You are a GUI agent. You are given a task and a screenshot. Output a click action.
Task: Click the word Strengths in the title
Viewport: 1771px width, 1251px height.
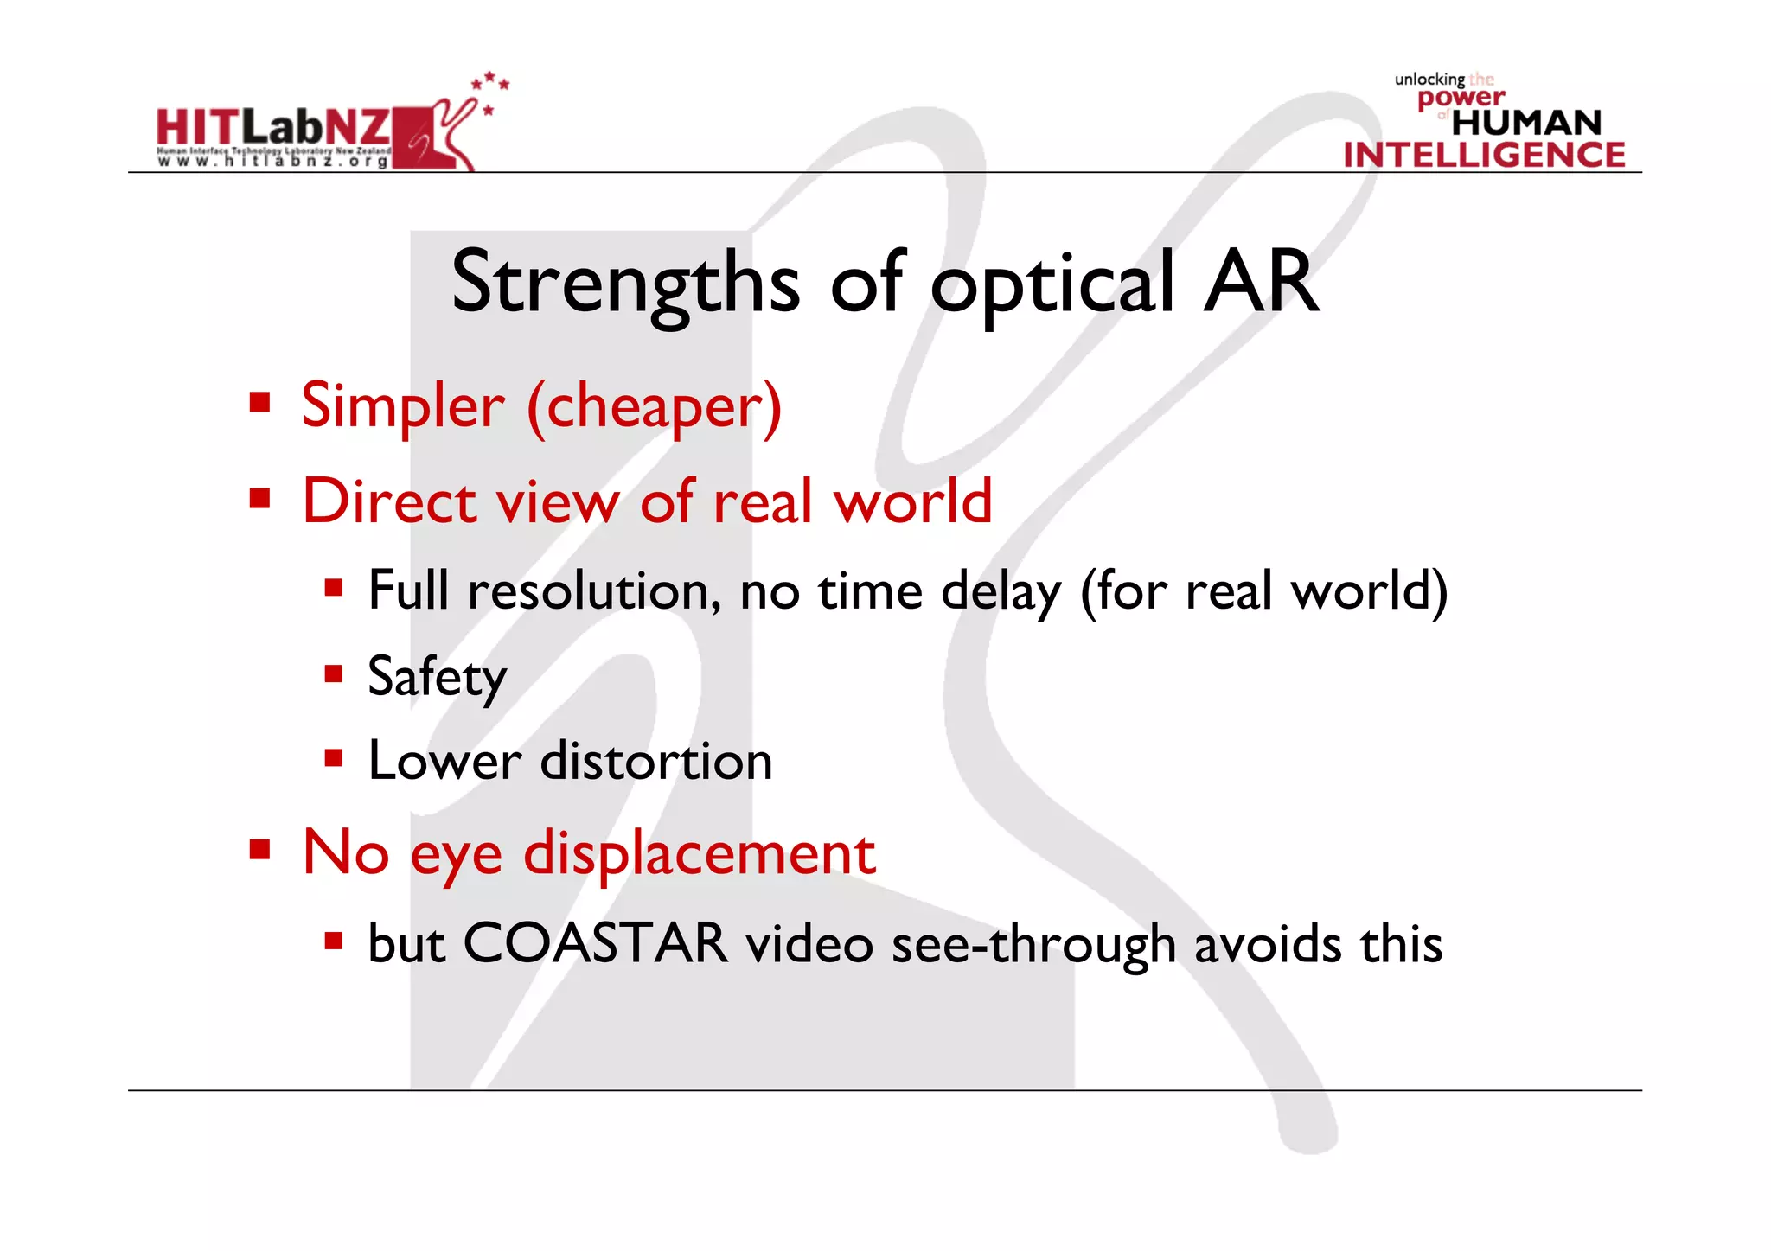(x=625, y=284)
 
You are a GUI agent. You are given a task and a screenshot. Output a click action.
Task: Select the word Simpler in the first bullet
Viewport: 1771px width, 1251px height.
(x=402, y=405)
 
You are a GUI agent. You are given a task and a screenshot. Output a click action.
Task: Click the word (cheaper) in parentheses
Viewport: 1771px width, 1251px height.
(x=655, y=407)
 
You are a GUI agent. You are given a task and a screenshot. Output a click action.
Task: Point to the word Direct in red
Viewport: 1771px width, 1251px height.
(x=389, y=501)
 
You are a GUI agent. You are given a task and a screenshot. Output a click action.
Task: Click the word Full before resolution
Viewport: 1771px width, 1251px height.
(x=408, y=591)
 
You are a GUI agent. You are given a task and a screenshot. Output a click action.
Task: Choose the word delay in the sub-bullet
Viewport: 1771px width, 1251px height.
(x=1001, y=593)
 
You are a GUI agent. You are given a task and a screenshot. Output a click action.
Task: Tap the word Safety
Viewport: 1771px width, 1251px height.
(x=437, y=678)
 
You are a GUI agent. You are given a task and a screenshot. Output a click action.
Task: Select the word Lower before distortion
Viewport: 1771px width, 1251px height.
(x=444, y=762)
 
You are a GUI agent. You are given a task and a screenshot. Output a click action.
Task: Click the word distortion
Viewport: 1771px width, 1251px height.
(x=656, y=762)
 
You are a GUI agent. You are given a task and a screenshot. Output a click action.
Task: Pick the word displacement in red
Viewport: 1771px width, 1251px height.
(x=700, y=854)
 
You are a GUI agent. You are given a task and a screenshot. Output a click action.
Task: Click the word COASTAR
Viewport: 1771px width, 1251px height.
(x=595, y=943)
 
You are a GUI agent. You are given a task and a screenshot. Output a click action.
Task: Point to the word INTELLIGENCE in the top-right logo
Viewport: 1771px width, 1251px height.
(x=1484, y=155)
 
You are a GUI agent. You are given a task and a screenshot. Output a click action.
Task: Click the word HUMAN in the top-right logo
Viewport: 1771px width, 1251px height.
(x=1526, y=123)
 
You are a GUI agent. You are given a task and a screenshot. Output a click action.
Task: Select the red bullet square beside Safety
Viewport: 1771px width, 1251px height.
(x=334, y=673)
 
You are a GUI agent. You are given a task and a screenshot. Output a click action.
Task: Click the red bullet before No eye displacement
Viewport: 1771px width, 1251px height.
(x=259, y=850)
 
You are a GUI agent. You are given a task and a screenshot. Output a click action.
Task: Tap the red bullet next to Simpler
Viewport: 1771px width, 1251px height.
(x=259, y=403)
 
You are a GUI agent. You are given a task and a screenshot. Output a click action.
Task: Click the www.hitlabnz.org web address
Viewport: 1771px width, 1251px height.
(x=273, y=161)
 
